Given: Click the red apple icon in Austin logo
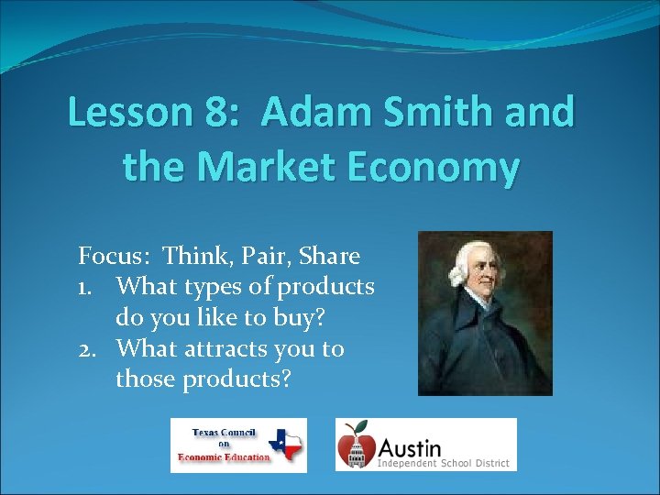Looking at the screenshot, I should pos(357,445).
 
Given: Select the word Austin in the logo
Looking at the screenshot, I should pos(410,446).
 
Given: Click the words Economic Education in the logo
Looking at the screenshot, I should pos(225,457).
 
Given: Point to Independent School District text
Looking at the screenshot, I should pos(444,463).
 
